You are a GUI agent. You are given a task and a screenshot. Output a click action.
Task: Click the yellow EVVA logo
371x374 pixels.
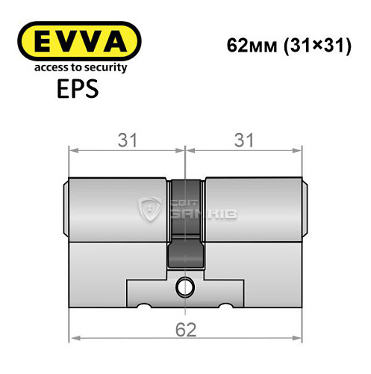coord(79,40)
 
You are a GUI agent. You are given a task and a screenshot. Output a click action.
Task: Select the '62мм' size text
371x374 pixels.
coord(248,46)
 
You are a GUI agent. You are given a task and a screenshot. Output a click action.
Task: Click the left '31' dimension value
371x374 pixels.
coord(127,140)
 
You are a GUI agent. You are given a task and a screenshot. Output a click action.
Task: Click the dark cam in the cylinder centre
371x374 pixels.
coord(186,224)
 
